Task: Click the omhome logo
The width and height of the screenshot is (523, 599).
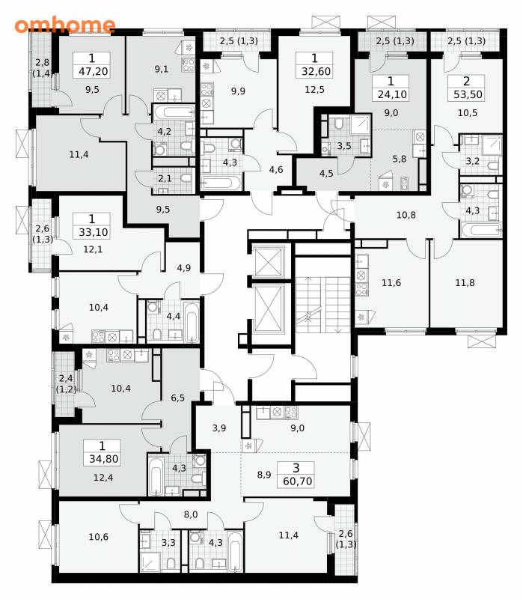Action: (65, 25)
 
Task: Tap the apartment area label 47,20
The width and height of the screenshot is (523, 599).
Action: (93, 71)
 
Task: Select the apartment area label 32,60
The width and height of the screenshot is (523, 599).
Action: (316, 71)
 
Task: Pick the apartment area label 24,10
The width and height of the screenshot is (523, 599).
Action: (392, 94)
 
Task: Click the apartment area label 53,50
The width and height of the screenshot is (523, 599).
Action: (468, 94)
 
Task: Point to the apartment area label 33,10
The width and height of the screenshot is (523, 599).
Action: (93, 232)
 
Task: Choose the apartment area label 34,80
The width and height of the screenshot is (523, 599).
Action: (104, 458)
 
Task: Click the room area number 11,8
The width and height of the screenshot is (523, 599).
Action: (465, 283)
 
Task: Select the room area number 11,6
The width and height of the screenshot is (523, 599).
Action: (391, 283)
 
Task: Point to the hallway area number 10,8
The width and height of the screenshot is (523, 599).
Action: (406, 215)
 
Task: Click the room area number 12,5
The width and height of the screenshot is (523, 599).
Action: (314, 89)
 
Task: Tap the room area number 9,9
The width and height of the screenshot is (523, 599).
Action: (238, 91)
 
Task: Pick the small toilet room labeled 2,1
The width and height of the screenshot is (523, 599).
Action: (172, 180)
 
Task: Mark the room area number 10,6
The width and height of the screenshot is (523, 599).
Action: (99, 537)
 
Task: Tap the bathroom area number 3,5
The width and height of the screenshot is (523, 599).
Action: (344, 145)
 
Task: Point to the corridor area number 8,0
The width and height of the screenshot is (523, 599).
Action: (191, 514)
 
